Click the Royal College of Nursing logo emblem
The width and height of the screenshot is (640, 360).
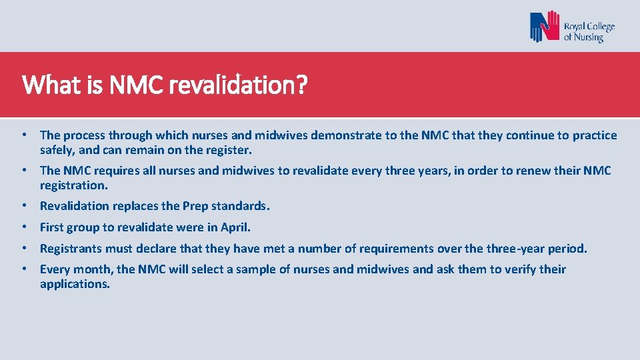click(545, 27)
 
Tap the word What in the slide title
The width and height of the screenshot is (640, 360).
click(43, 85)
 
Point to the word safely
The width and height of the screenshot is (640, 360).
click(57, 150)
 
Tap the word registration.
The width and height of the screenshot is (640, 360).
click(73, 185)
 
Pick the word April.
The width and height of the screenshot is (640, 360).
click(236, 227)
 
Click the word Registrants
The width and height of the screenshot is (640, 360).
click(69, 249)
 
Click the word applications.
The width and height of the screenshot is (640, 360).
click(75, 284)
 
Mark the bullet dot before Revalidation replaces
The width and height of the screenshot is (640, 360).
click(24, 206)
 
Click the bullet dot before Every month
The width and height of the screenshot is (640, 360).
click(24, 269)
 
